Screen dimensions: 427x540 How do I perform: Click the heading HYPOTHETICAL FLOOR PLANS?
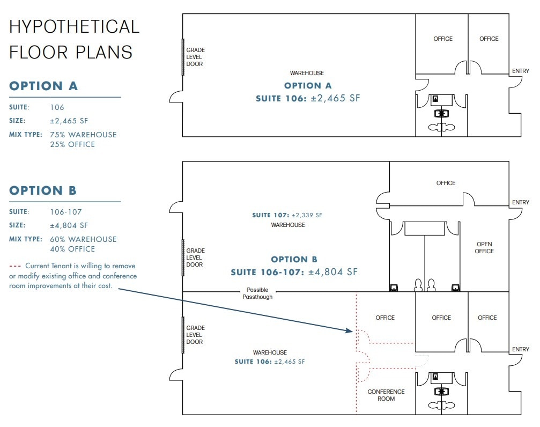74,39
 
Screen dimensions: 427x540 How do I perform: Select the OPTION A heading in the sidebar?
43,86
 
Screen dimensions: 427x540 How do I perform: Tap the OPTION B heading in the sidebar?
43,190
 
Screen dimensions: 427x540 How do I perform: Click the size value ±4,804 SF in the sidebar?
69,226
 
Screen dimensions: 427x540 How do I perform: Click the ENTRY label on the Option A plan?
520,71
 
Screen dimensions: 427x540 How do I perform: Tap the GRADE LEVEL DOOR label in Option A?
195,57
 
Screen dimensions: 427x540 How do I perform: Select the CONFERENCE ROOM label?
386,395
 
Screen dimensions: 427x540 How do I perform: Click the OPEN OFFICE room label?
484,248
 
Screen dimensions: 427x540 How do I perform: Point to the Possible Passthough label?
257,293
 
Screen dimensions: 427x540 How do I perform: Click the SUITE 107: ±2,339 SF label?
287,215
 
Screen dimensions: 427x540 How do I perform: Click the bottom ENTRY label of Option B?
520,349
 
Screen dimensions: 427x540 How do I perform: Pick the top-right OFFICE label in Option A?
489,39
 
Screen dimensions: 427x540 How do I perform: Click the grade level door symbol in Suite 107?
183,257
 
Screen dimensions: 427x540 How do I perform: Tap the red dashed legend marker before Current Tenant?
16,266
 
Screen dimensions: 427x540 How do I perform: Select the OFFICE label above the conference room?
385,318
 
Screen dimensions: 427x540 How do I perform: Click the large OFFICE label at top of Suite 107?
446,183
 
